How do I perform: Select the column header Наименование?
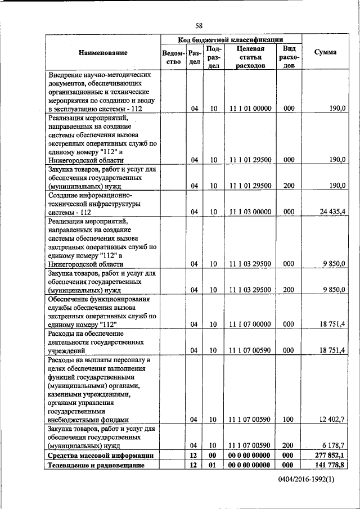point(103,52)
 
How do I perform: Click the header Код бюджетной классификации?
point(231,39)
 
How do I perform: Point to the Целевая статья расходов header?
point(250,57)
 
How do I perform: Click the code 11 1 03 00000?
point(250,212)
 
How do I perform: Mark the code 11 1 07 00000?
point(250,324)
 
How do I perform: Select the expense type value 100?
point(289,419)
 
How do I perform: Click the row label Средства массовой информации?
point(100,454)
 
